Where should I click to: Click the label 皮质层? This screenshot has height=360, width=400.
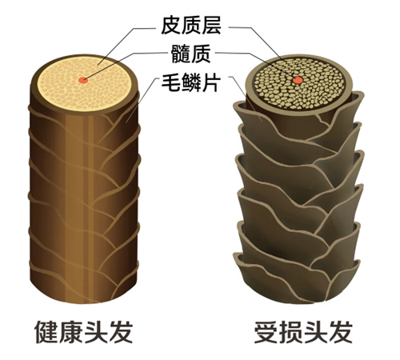(191, 26)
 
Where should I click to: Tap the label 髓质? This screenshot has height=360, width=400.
(191, 54)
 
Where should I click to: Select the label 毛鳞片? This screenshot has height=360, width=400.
(191, 82)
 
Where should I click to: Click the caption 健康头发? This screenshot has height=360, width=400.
(84, 332)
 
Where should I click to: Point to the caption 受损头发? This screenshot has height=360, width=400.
(303, 332)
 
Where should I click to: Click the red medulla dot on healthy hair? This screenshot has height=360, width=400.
(83, 80)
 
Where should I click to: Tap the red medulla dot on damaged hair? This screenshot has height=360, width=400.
(298, 80)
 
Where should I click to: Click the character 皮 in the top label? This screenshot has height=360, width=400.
(171, 26)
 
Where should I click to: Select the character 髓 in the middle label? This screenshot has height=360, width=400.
(181, 54)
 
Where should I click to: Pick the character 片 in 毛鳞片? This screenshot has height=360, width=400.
(211, 82)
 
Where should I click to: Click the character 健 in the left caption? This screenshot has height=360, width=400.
(46, 332)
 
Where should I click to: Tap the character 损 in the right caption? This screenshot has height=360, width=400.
(291, 332)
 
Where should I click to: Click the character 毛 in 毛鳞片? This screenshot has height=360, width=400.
(171, 82)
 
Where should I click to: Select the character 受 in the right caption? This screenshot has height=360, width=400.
(266, 332)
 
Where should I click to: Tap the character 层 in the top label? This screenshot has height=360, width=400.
(211, 26)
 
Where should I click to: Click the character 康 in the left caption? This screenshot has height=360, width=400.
(71, 332)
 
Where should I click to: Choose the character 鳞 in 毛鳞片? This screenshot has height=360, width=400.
(191, 82)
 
